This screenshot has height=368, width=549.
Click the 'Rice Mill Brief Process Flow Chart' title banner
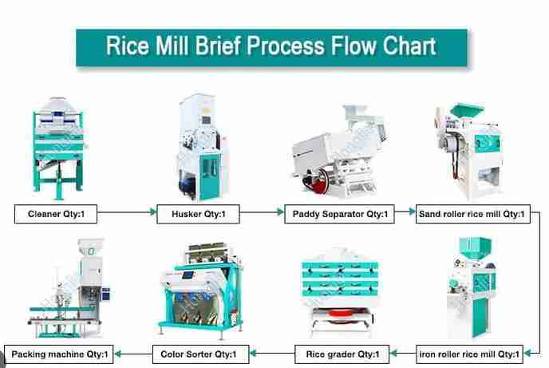click(x=271, y=46)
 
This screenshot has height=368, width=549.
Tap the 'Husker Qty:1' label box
click(x=199, y=213)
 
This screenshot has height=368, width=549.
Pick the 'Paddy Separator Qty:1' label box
click(x=340, y=213)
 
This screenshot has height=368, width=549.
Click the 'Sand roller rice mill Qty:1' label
click(x=472, y=213)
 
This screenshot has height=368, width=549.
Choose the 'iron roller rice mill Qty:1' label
click(x=471, y=352)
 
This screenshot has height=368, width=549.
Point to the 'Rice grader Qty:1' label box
click(x=342, y=352)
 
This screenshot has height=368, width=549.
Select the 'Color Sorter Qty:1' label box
click(x=200, y=352)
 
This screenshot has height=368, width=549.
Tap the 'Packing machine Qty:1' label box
click(x=60, y=352)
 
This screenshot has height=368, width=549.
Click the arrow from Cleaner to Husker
click(x=131, y=213)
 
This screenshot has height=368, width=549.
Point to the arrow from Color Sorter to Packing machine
click(x=134, y=352)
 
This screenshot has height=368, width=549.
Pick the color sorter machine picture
click(x=199, y=291)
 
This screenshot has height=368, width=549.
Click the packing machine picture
click(x=68, y=291)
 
